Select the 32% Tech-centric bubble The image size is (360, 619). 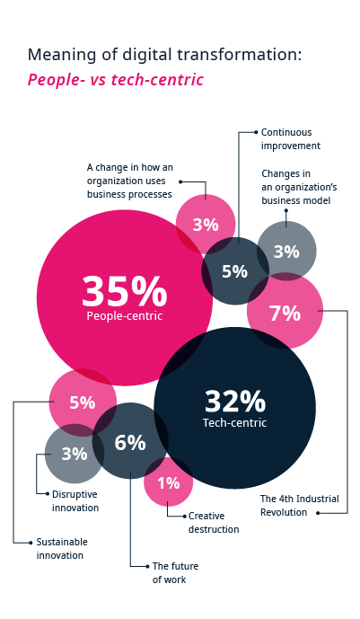pos(235,408)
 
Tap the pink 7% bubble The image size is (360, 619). pos(285,313)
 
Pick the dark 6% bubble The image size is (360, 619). pos(130,441)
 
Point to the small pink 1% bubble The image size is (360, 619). pos(169,482)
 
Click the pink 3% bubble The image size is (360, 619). pos(205,225)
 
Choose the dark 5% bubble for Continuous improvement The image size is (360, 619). pos(234,271)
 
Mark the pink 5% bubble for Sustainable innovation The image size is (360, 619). pos(82,402)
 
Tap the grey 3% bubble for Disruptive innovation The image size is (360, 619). pos(74,454)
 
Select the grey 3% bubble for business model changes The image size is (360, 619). pos(286,252)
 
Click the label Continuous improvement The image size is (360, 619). pos(291,138)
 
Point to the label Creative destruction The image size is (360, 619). pos(214,523)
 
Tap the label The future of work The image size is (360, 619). pos(175,572)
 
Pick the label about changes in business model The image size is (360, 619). pos(296,187)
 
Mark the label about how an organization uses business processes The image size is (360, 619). pos(129,181)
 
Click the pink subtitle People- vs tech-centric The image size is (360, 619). pos(115,80)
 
